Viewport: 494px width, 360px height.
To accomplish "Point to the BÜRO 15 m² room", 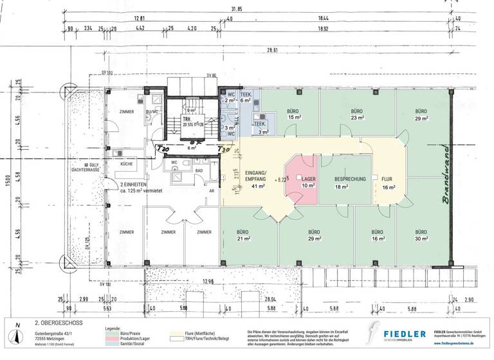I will (x=295, y=114).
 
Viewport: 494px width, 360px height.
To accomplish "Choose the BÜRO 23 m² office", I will (x=358, y=114).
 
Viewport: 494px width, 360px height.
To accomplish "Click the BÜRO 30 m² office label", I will (x=421, y=236).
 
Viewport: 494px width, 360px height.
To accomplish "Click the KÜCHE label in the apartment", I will (x=126, y=164).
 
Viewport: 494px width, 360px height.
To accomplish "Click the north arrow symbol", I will (x=15, y=336).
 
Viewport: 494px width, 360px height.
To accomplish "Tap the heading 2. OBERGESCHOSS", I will (x=57, y=323).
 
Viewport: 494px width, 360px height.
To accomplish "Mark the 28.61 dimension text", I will (x=275, y=49).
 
